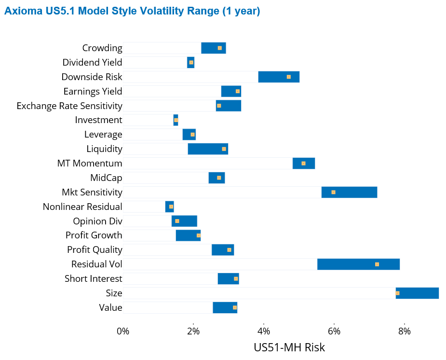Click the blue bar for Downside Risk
pyautogui.click(x=279, y=77)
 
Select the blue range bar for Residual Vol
pyautogui.click(x=358, y=264)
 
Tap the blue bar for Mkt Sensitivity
pyautogui.click(x=349, y=192)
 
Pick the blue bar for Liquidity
pyautogui.click(x=208, y=149)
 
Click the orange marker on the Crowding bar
pyautogui.click(x=219, y=48)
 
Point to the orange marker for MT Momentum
pyautogui.click(x=303, y=164)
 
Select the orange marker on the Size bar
pyautogui.click(x=397, y=293)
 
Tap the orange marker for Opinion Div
pyautogui.click(x=177, y=221)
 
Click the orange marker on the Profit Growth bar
pyautogui.click(x=199, y=235)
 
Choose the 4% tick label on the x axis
pyautogui.click(x=264, y=331)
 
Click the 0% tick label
pyautogui.click(x=123, y=331)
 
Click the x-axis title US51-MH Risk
pyautogui.click(x=289, y=347)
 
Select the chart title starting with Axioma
pyautogui.click(x=132, y=11)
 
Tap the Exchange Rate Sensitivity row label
pyautogui.click(x=69, y=106)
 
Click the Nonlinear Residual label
pyautogui.click(x=82, y=207)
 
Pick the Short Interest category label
pyautogui.click(x=93, y=278)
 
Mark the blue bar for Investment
pyautogui.click(x=176, y=120)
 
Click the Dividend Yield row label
pyautogui.click(x=92, y=62)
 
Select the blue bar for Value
pyautogui.click(x=225, y=307)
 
